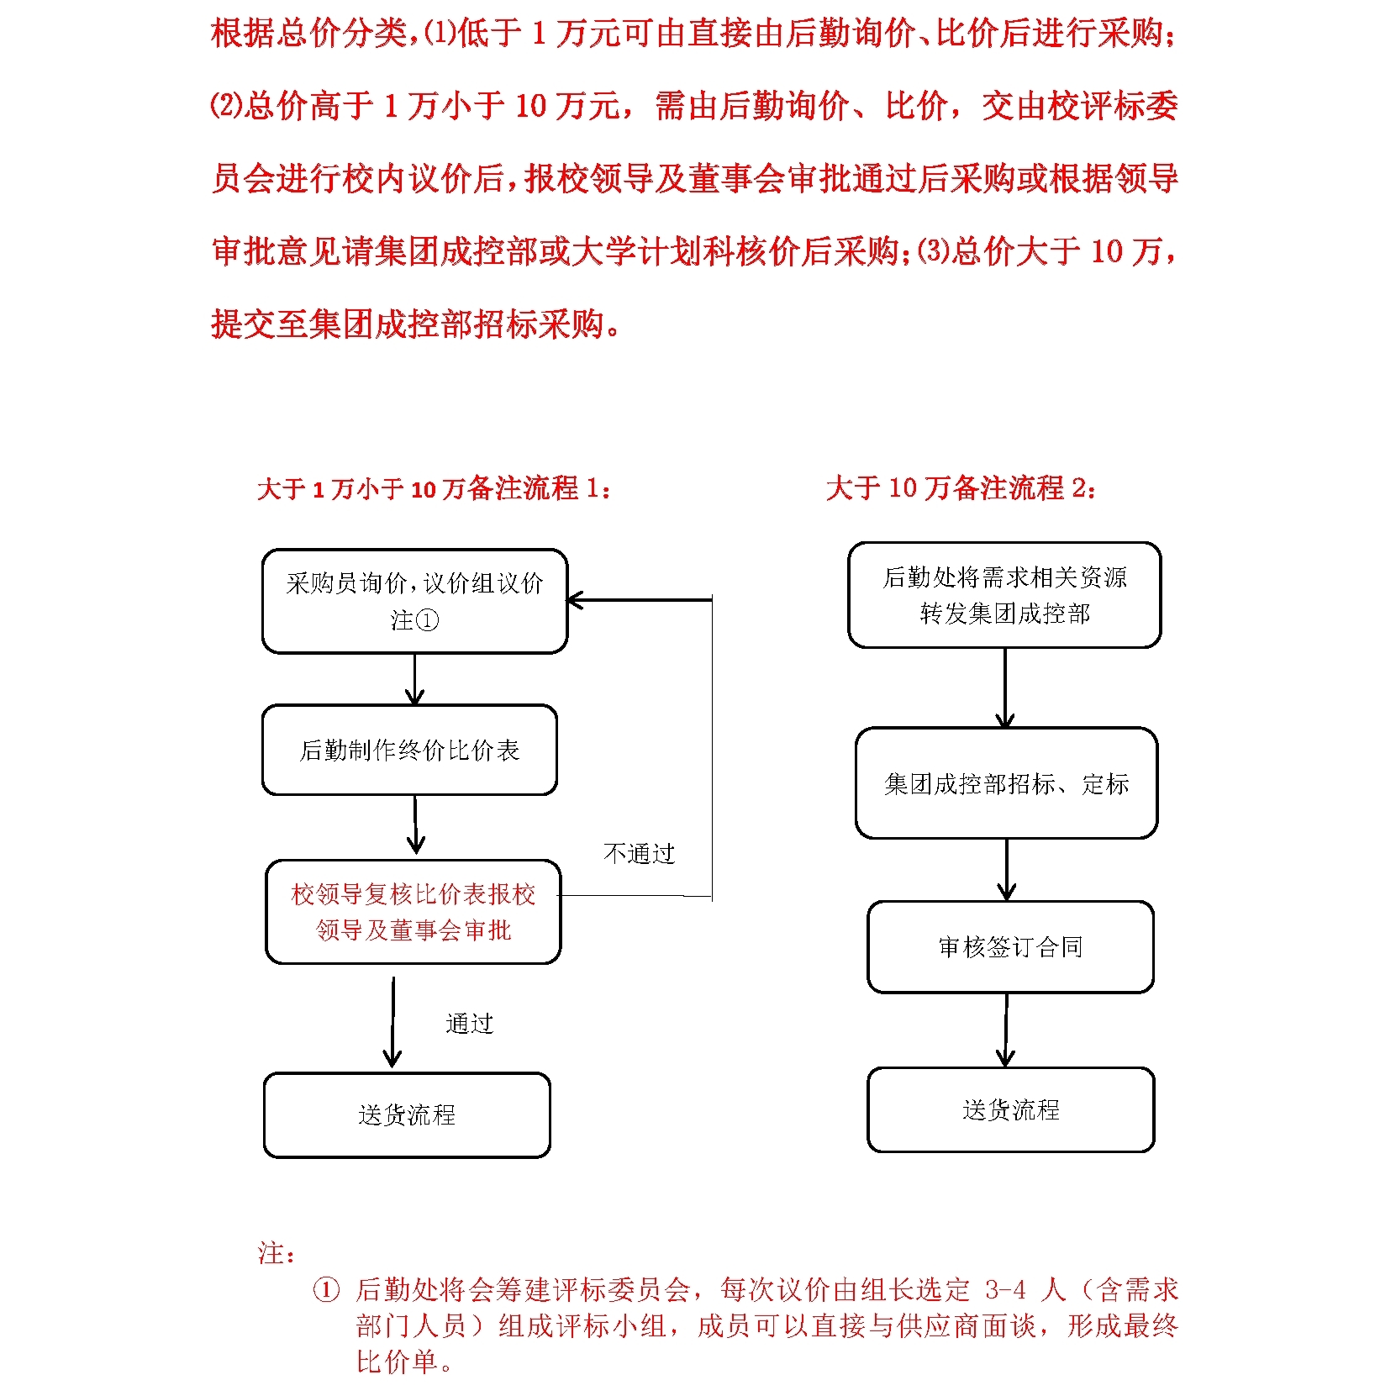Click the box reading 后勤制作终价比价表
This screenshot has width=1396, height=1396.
point(409,750)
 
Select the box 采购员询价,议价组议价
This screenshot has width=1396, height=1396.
point(414,601)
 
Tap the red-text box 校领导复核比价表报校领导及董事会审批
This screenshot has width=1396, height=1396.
point(413,912)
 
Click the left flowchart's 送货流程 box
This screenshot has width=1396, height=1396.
point(407,1115)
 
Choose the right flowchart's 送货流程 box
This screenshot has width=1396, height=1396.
point(1010,1110)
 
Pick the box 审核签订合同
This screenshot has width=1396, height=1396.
point(1010,947)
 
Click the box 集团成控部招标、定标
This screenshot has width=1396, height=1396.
point(1006,783)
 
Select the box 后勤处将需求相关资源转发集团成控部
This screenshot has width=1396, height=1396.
point(1004,595)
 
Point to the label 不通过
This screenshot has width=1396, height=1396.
point(639,854)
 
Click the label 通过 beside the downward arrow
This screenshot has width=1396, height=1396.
point(469,1024)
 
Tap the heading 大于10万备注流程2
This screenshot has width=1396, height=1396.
point(961,487)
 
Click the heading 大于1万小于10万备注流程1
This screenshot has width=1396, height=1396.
point(434,488)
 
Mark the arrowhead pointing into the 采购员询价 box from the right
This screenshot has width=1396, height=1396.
point(575,600)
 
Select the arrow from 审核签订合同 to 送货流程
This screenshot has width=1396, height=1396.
point(1006,1030)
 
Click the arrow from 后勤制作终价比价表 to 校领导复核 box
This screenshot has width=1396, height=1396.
point(415,826)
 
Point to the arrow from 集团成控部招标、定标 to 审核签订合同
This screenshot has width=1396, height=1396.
point(1007,870)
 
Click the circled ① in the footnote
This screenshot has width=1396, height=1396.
point(326,1290)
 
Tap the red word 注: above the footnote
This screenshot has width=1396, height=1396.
point(276,1253)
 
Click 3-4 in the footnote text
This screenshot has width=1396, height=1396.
point(1005,1290)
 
